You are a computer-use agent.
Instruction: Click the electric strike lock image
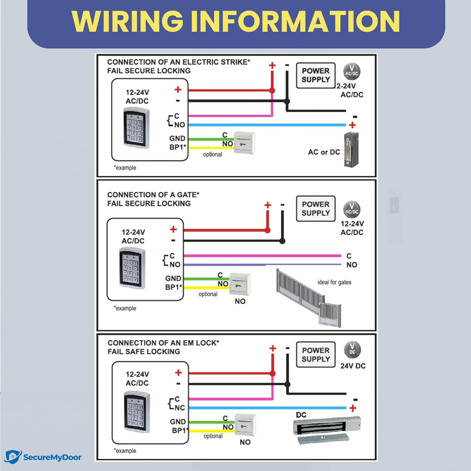coord(351,150)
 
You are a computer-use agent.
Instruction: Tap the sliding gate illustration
coord(309,298)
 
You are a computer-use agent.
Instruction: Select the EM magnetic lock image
coord(327,430)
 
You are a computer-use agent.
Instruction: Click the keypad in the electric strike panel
coord(136,128)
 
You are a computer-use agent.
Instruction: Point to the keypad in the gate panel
coord(132,268)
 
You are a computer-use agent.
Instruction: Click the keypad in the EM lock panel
coord(137,412)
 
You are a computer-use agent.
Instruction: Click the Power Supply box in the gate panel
coord(316,208)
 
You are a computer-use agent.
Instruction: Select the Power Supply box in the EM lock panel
coord(316,354)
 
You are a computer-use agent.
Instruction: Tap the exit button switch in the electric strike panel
coord(245,143)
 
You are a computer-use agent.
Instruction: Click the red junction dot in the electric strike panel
coord(272,90)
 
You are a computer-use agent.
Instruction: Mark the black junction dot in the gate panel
coord(282,241)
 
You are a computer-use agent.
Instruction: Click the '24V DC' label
coord(353,366)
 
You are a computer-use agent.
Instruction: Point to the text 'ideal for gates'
coord(334,282)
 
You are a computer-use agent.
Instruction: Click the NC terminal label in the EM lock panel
coord(180,408)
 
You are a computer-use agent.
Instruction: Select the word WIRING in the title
coord(127,21)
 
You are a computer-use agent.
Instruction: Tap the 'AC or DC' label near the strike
coord(324,152)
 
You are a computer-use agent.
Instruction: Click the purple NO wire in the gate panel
coord(262,265)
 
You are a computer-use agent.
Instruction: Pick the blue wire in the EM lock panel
coord(268,408)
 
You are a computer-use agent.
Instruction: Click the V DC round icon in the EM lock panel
coord(352,350)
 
